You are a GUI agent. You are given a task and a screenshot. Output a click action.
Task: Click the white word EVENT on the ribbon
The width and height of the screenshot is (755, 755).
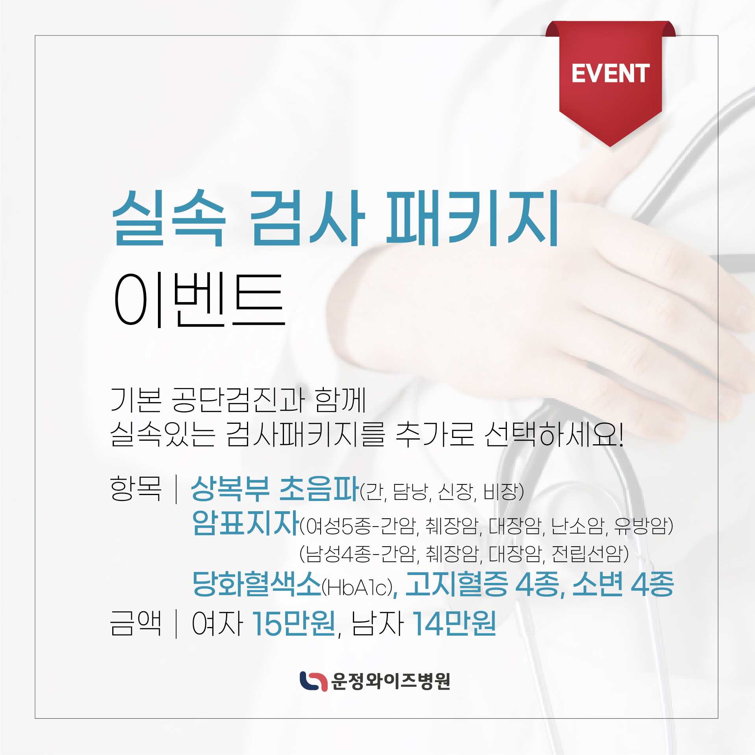610,73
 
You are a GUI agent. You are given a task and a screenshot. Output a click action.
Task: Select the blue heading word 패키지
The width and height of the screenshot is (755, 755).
472,218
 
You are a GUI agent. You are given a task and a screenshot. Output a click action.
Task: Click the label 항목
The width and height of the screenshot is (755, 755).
136,488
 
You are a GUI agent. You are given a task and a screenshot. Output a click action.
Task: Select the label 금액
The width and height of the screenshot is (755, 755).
136,623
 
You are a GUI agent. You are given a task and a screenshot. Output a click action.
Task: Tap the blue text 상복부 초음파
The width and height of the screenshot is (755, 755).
275,488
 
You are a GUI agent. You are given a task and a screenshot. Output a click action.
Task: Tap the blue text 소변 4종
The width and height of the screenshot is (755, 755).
623,583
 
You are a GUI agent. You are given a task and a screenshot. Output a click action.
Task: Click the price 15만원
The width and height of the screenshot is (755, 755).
294,623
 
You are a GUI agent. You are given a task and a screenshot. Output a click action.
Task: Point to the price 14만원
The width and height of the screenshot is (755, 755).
454,623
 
